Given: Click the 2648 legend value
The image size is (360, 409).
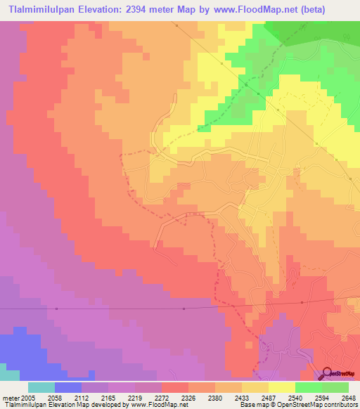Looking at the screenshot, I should coord(347,397).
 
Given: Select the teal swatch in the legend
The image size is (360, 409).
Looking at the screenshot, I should coord(41,387).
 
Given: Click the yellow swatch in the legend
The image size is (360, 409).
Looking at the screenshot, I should coord(281,387).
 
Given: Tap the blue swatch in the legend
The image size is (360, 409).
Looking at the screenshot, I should coord(67,387).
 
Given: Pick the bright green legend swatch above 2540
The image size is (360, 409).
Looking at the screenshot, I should coord(308,387).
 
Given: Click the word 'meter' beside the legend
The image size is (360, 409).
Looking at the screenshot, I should coord(12,397).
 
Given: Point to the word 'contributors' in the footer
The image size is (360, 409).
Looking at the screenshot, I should coord(340,405).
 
